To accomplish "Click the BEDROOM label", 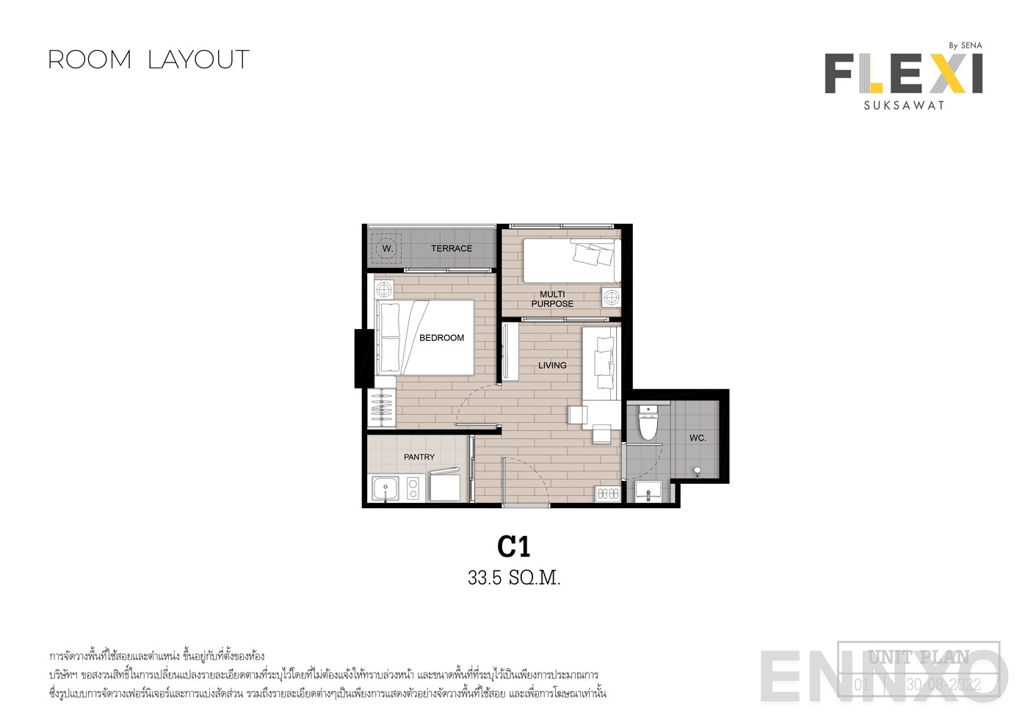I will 441,338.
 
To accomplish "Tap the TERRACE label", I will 451,248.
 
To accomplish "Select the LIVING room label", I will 552,365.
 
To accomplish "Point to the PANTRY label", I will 419,457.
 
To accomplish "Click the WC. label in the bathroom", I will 698,438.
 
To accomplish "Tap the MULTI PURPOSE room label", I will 552,299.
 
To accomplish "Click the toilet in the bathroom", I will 648,424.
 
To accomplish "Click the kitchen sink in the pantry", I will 384,488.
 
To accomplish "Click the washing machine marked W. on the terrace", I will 387,248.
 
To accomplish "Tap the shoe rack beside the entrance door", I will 608,494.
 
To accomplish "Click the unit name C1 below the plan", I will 514,547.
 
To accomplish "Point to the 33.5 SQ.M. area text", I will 514,579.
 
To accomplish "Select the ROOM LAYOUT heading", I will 149,59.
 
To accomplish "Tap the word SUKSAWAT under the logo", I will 904,105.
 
